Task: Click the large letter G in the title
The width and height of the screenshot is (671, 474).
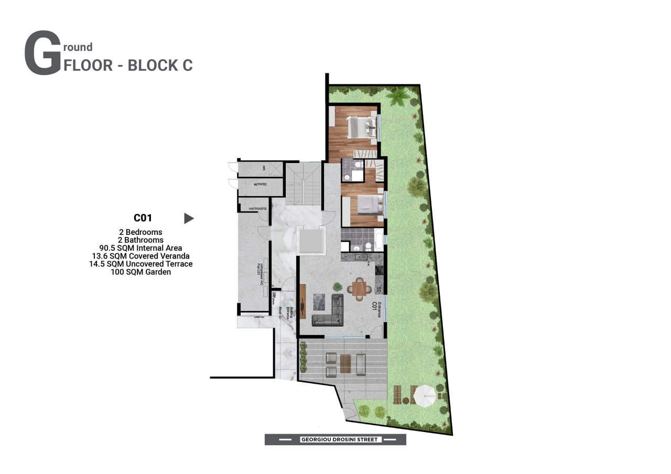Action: [42, 53]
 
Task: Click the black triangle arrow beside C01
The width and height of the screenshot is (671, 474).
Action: [189, 218]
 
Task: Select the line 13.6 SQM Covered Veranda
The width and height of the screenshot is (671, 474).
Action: [140, 256]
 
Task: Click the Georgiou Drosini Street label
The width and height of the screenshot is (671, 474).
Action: [335, 439]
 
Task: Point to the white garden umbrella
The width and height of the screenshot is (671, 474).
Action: [424, 393]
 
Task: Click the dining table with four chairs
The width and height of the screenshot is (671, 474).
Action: [360, 288]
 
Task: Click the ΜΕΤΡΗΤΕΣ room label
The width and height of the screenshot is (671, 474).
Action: [261, 185]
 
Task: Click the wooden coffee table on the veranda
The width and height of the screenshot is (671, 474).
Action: [345, 363]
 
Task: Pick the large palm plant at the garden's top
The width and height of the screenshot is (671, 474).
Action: [400, 96]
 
